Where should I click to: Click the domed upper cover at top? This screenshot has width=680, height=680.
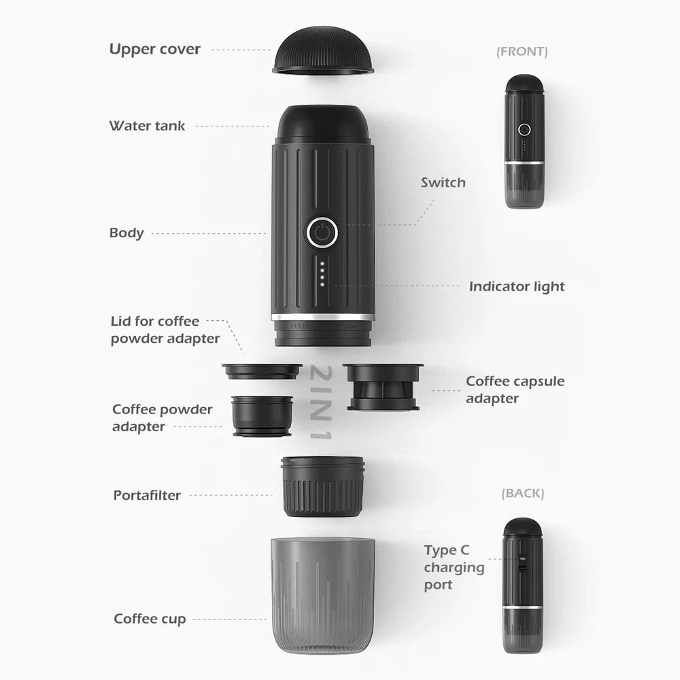pyautogui.click(x=323, y=51)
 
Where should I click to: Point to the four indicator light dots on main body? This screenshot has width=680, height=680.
pyautogui.click(x=322, y=273)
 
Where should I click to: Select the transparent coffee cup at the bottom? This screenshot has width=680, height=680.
pyautogui.click(x=322, y=595)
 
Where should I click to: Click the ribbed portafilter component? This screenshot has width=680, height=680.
pyautogui.click(x=322, y=486)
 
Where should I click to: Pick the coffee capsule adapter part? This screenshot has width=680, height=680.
pyautogui.click(x=383, y=387)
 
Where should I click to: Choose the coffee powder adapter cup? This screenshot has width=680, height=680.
pyautogui.click(x=262, y=416)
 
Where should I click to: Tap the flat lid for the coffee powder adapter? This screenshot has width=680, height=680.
pyautogui.click(x=262, y=371)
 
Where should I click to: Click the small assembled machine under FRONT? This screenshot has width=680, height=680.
pyautogui.click(x=524, y=141)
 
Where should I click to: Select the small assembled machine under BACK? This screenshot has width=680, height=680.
pyautogui.click(x=523, y=585)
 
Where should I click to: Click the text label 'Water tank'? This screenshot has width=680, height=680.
pyautogui.click(x=147, y=126)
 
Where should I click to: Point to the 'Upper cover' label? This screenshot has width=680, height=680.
pyautogui.click(x=155, y=50)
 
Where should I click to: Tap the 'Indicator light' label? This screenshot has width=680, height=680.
pyautogui.click(x=517, y=286)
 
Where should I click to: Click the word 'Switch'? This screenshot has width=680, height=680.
pyautogui.click(x=443, y=182)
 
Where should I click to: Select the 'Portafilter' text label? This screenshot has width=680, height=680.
pyautogui.click(x=147, y=495)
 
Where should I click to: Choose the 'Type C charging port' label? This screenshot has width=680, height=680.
pyautogui.click(x=454, y=567)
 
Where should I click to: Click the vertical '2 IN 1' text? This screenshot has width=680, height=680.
pyautogui.click(x=322, y=403)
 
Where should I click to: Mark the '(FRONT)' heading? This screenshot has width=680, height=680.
pyautogui.click(x=522, y=52)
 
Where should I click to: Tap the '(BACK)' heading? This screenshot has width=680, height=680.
pyautogui.click(x=522, y=494)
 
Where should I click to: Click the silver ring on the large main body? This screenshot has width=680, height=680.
pyautogui.click(x=322, y=317)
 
